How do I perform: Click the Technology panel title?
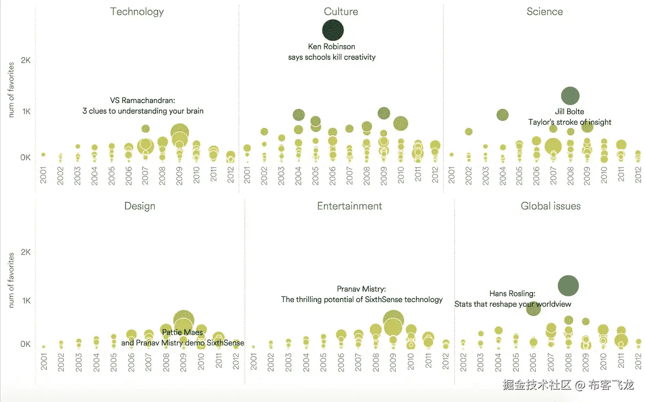point(137,12)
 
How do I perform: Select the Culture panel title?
point(341,12)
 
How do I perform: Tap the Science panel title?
point(545,12)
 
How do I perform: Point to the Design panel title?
point(140,206)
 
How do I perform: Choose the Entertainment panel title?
point(349,206)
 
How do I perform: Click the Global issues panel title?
point(551,206)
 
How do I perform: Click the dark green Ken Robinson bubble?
point(333,30)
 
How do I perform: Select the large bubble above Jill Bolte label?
point(570,96)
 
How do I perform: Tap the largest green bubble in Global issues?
point(568,285)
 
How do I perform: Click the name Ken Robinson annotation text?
point(331,47)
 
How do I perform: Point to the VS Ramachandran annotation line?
point(142,100)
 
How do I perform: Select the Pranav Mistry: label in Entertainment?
point(361,289)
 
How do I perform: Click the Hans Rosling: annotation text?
point(512,293)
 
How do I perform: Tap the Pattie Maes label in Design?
point(182,332)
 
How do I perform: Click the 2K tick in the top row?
point(26,60)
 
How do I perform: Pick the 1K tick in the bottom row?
point(26,301)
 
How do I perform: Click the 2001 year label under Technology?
point(43,175)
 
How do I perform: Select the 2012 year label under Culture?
point(435,175)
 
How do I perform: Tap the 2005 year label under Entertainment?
point(323,362)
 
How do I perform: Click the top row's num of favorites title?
point(12,90)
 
